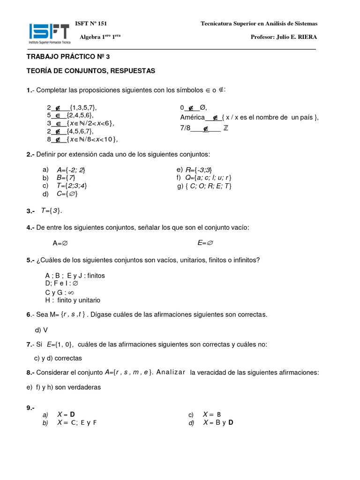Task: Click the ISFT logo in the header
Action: (49, 34)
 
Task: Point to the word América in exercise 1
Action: (193, 117)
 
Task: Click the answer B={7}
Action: (66, 178)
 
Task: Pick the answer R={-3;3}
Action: (199, 170)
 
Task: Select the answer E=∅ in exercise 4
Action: (205, 243)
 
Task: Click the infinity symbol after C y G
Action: (72, 292)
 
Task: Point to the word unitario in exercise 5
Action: (86, 300)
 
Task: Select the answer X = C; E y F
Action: (77, 422)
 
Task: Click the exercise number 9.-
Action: (31, 408)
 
